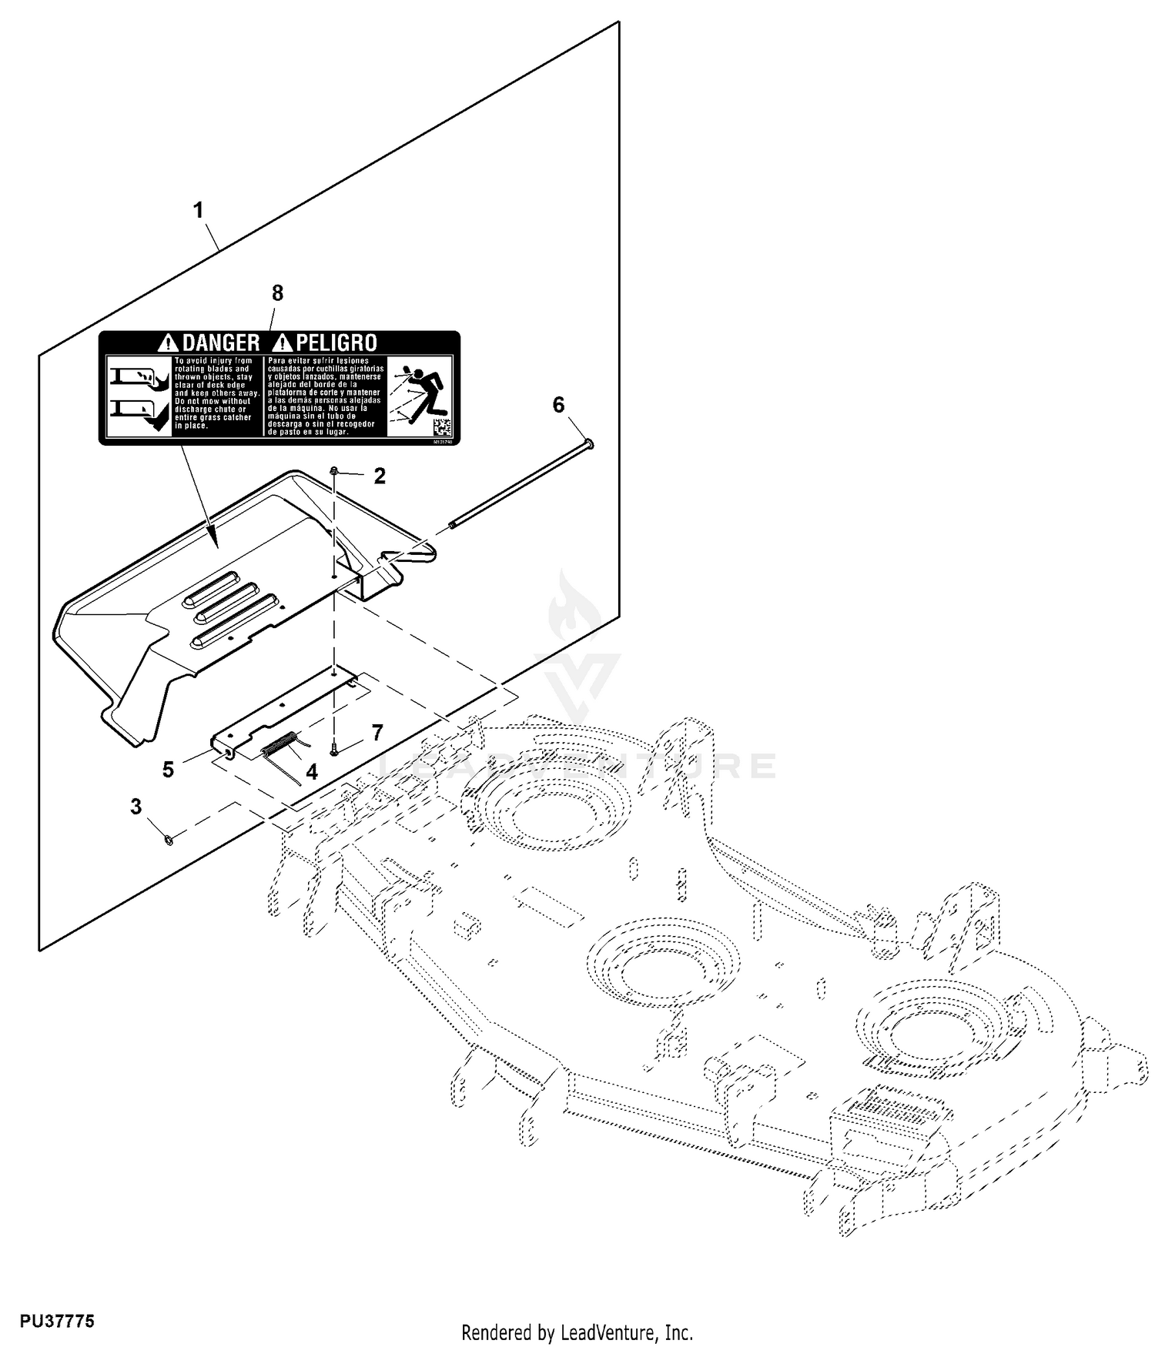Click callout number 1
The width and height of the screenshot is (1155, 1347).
[x=199, y=210]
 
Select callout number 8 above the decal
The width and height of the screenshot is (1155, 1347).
[x=277, y=293]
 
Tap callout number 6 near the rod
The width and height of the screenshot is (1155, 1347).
[x=559, y=405]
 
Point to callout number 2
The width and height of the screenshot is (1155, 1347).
[x=380, y=476]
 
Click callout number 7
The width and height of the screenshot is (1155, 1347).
[x=377, y=733]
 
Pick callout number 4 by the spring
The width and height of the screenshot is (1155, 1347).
[x=312, y=772]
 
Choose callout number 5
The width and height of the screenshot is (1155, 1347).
[x=168, y=770]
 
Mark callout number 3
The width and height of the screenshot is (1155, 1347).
[x=136, y=807]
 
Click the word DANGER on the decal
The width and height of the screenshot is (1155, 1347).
[x=220, y=343]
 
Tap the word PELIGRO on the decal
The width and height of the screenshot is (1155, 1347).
[x=336, y=343]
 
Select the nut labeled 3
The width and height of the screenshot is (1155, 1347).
[x=169, y=837]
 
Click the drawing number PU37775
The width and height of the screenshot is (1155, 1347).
[x=58, y=1256]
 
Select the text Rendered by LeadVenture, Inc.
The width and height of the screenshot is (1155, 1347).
[x=577, y=1332]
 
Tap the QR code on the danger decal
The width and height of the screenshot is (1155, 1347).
[x=442, y=427]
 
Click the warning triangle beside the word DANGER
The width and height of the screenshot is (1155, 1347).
[x=166, y=343]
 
